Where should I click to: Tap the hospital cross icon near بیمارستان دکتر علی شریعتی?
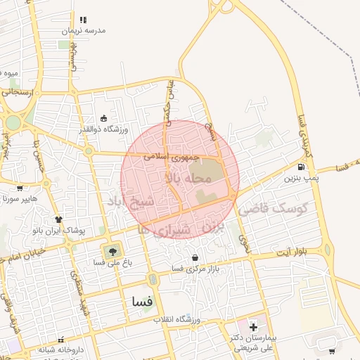point(253,328)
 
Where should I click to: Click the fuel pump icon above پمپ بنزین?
point(302,167)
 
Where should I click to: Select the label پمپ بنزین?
point(302,179)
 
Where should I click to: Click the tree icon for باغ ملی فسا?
point(111,251)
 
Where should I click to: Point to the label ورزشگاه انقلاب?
point(178,320)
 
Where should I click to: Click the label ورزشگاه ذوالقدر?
point(105,129)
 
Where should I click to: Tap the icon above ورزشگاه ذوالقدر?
point(105,118)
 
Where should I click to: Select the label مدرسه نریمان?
point(83,31)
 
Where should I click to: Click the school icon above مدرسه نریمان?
point(83,20)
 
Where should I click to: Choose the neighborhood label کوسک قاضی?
point(274,209)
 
